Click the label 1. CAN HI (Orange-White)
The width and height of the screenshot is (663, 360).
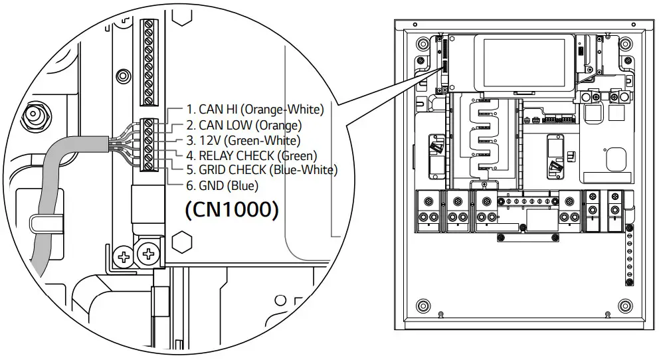pos(254,110)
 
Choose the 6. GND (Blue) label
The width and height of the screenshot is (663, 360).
pos(221,185)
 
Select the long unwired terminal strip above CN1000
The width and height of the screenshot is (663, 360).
pos(149,63)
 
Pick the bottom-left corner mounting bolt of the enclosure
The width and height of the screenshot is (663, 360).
pos(422,306)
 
